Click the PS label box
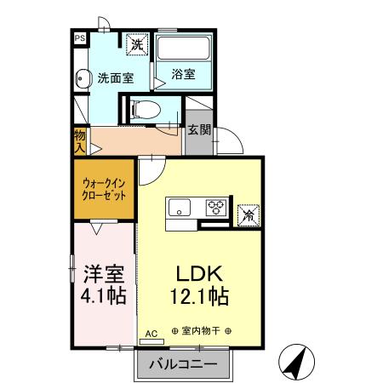coord(78,37)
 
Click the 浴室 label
coord(183,74)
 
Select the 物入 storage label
coord(79,140)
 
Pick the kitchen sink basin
coord(180,206)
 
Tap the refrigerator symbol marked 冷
coord(249,214)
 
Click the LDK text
coord(199,274)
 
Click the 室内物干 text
coord(202,331)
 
